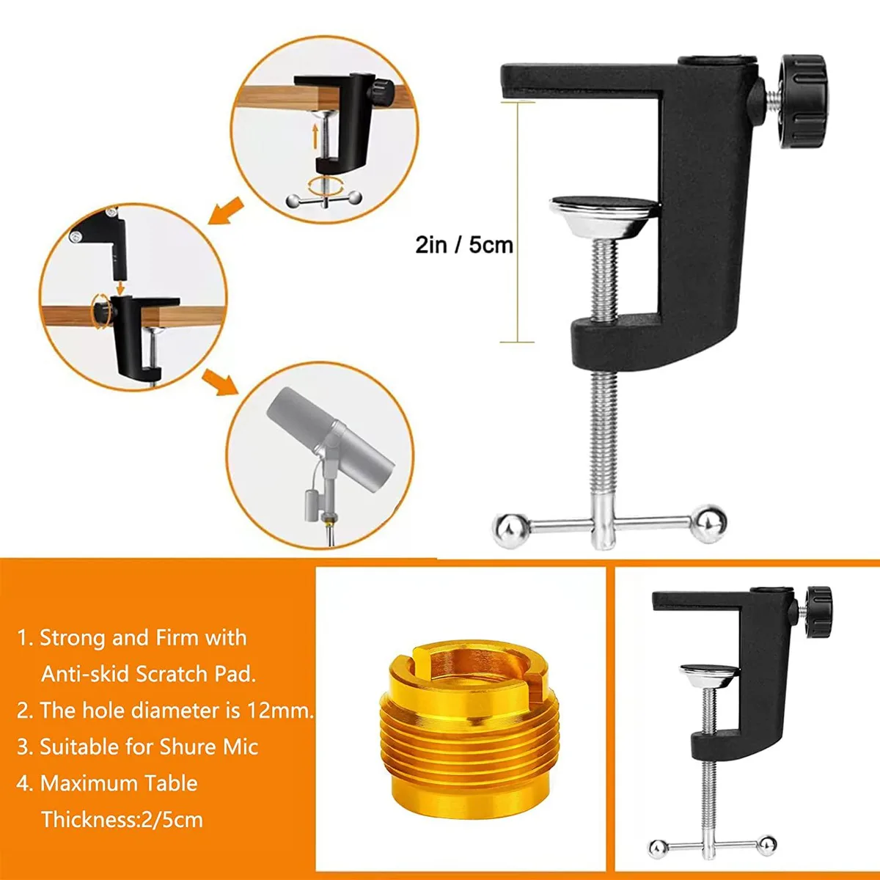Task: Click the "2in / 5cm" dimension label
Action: pos(464,245)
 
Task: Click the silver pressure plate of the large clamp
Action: pos(604,216)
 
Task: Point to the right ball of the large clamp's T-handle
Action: pos(710,524)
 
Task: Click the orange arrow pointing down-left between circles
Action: pos(226,211)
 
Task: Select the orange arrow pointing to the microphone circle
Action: pos(220,382)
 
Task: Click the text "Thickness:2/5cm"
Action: pos(122,820)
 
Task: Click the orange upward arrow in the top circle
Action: pos(315,136)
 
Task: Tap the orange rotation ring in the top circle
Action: pos(325,187)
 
